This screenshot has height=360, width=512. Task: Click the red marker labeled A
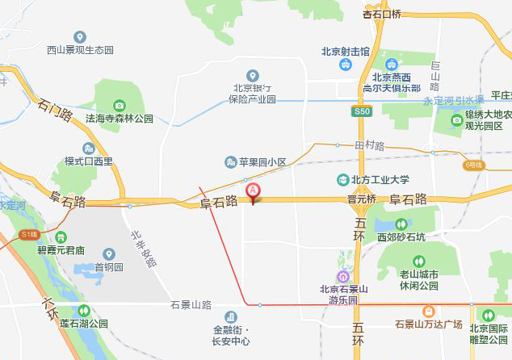click(253, 192)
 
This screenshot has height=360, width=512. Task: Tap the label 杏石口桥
click(382, 14)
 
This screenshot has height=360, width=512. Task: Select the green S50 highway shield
click(360, 110)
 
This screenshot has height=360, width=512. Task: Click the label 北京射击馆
click(345, 51)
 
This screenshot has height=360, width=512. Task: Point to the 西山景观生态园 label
click(79, 50)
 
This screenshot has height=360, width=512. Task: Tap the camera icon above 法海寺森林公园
click(120, 105)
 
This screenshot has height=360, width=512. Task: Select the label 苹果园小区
click(262, 162)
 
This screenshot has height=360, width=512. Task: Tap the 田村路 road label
click(370, 146)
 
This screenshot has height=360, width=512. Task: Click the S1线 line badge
click(30, 234)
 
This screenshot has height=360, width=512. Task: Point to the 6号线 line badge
click(473, 165)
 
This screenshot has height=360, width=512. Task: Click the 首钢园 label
click(108, 267)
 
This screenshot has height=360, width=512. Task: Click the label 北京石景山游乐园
click(344, 295)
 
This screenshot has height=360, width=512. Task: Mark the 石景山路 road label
click(191, 305)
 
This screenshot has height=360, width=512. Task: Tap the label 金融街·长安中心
click(233, 335)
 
